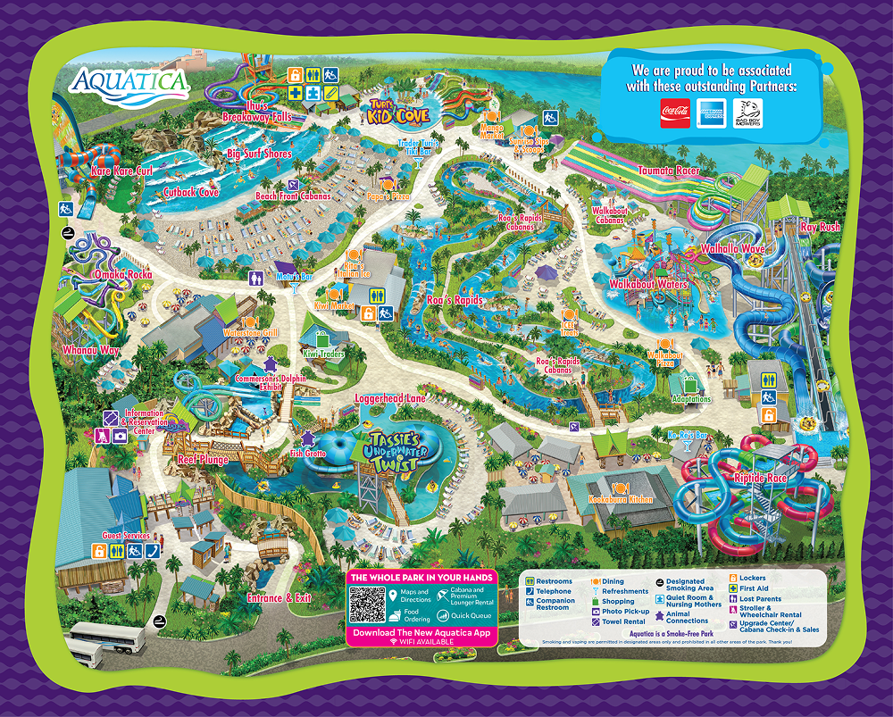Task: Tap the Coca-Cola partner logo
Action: click(x=675, y=113)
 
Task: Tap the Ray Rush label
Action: click(x=820, y=227)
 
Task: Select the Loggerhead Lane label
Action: click(x=390, y=397)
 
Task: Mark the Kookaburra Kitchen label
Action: click(x=621, y=499)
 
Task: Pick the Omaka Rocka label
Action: click(x=128, y=274)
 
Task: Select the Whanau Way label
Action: click(x=90, y=351)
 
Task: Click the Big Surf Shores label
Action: click(x=259, y=154)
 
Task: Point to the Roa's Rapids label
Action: click(x=455, y=301)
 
